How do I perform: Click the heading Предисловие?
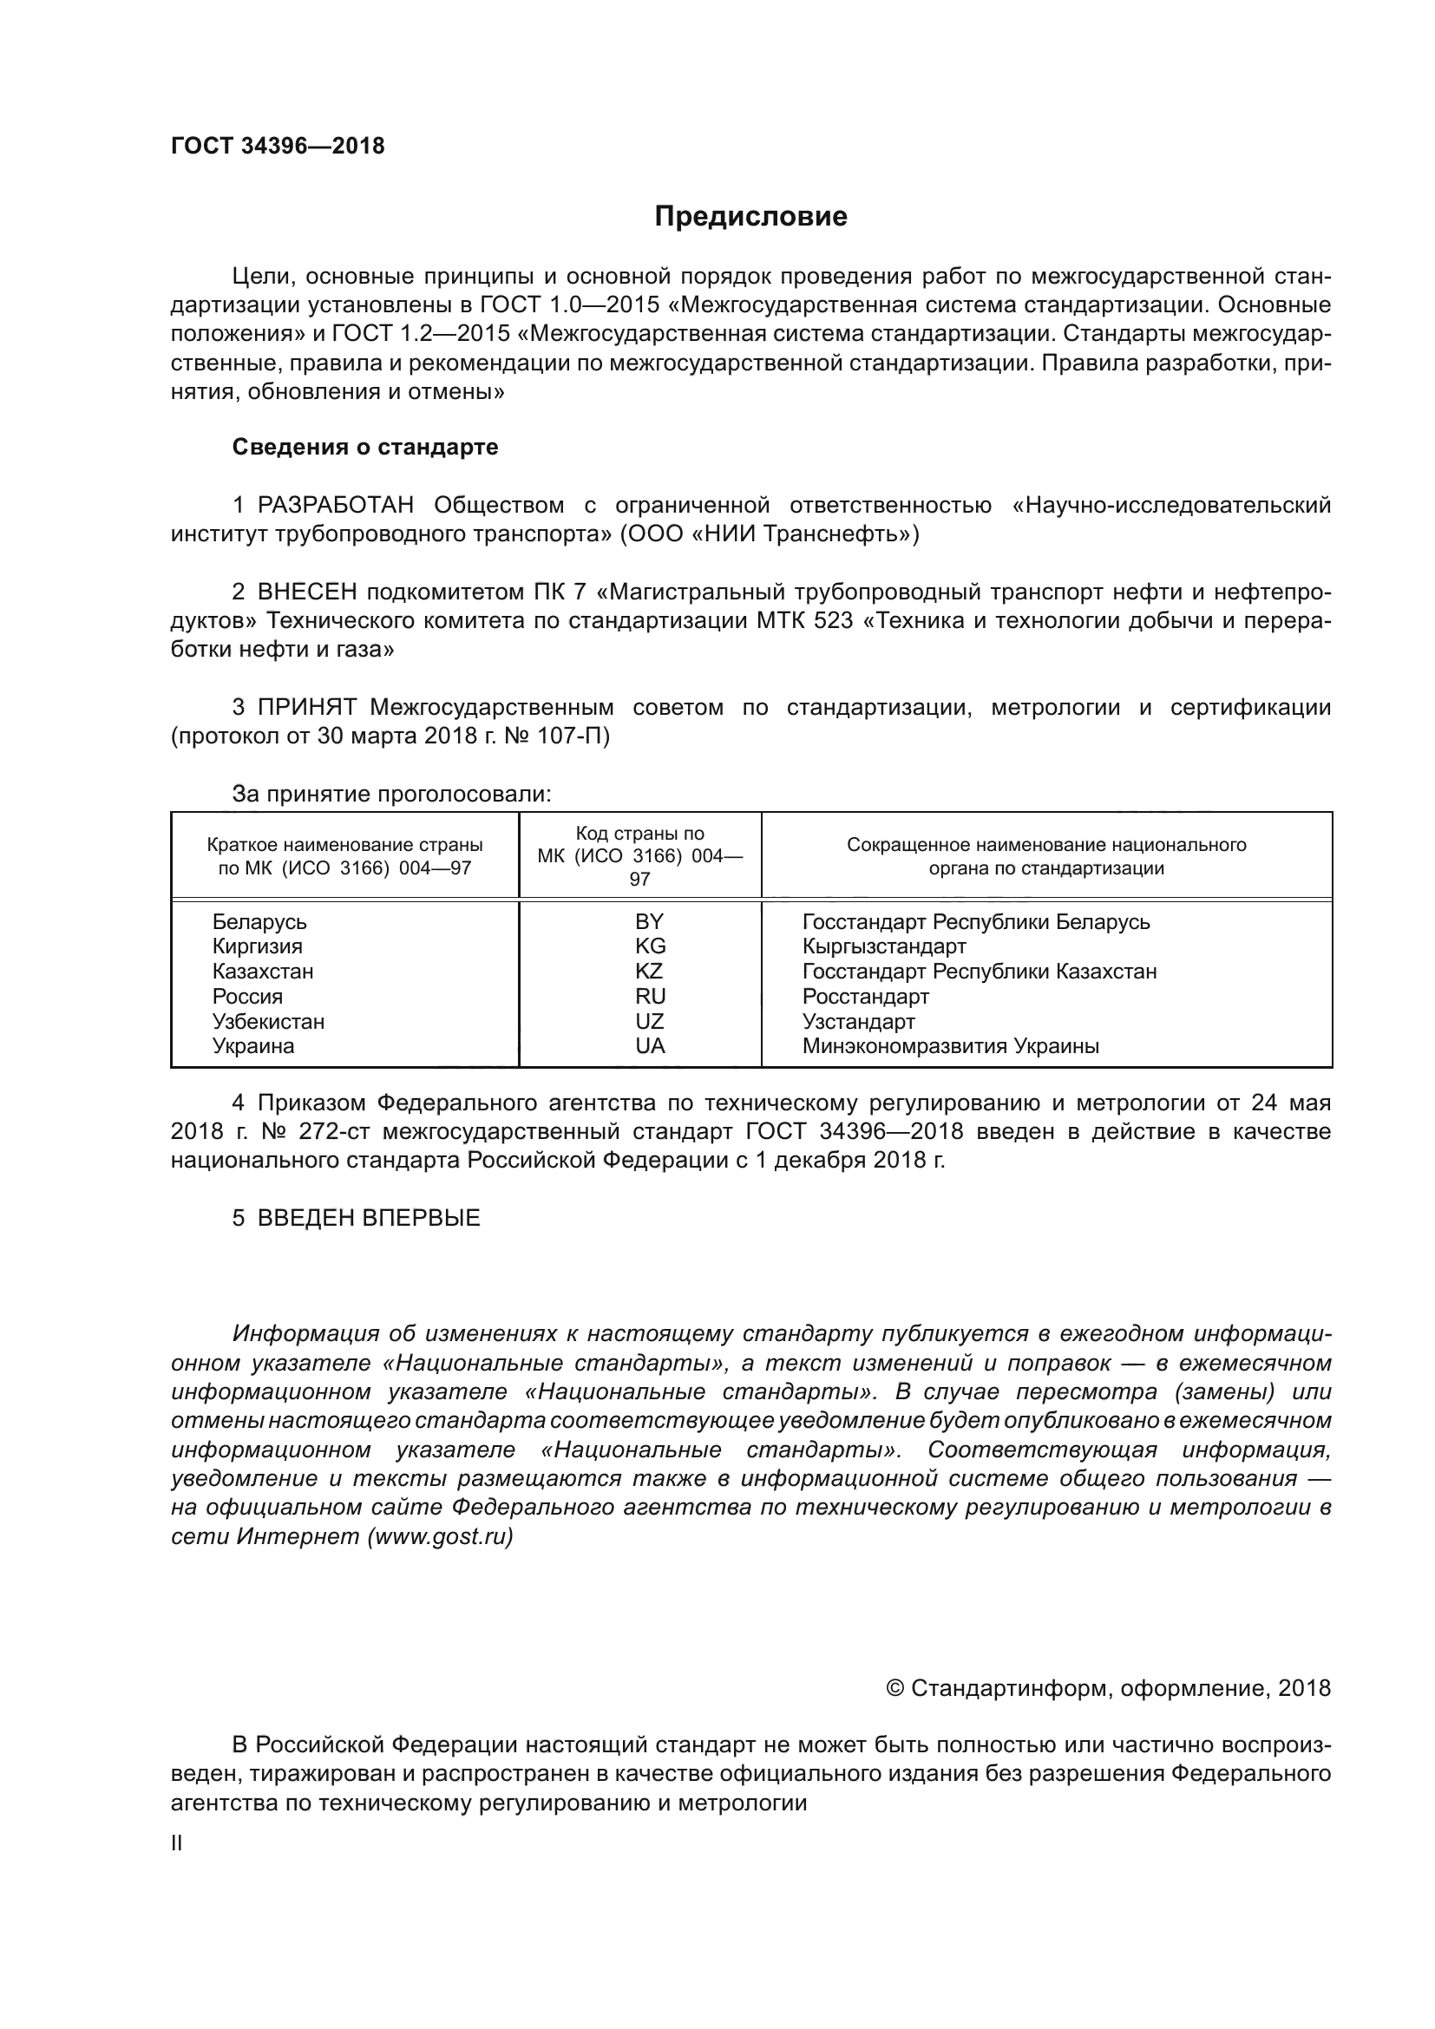750,217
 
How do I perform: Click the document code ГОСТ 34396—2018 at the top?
278,146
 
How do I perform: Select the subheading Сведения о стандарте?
365,447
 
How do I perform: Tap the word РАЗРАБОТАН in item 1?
335,506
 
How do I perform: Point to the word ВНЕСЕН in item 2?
306,592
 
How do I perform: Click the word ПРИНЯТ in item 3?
306,707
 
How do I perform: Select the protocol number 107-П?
573,736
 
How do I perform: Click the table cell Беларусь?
259,922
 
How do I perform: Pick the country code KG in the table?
650,946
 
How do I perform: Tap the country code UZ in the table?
650,1022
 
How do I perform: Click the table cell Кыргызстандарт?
883,946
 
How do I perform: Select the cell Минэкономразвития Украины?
950,1046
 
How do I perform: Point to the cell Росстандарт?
865,997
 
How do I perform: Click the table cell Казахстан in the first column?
262,972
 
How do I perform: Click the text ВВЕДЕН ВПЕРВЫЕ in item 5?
369,1218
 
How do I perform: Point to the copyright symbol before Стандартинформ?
894,1689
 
